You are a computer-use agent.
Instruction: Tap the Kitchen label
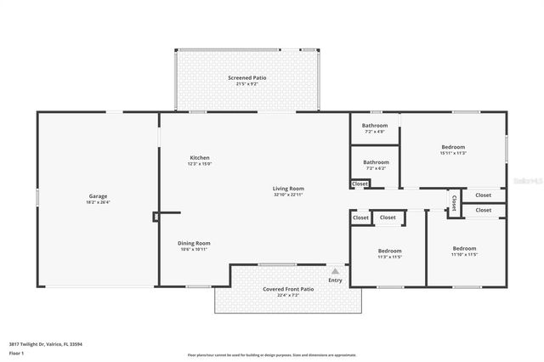[x=200, y=157]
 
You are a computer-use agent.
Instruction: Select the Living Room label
[x=288, y=189]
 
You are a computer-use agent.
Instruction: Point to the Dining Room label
[x=194, y=243]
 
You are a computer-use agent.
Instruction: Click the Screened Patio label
[x=246, y=78]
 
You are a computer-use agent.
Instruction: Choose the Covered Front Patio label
[x=288, y=289]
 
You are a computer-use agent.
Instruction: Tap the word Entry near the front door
[x=335, y=280]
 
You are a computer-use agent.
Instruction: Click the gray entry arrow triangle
[x=335, y=271]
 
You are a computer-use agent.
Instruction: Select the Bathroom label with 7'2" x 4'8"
[x=375, y=126]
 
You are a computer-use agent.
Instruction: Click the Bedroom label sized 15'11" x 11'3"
[x=453, y=147]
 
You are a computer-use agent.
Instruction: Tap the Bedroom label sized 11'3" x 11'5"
[x=389, y=250]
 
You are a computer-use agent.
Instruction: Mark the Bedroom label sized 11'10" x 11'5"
[x=464, y=248]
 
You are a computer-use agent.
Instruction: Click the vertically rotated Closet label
[x=454, y=203]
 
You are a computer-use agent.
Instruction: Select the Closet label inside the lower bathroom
[x=360, y=184]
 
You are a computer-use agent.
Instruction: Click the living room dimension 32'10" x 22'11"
[x=288, y=195]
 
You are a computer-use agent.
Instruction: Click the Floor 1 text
[x=16, y=353]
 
